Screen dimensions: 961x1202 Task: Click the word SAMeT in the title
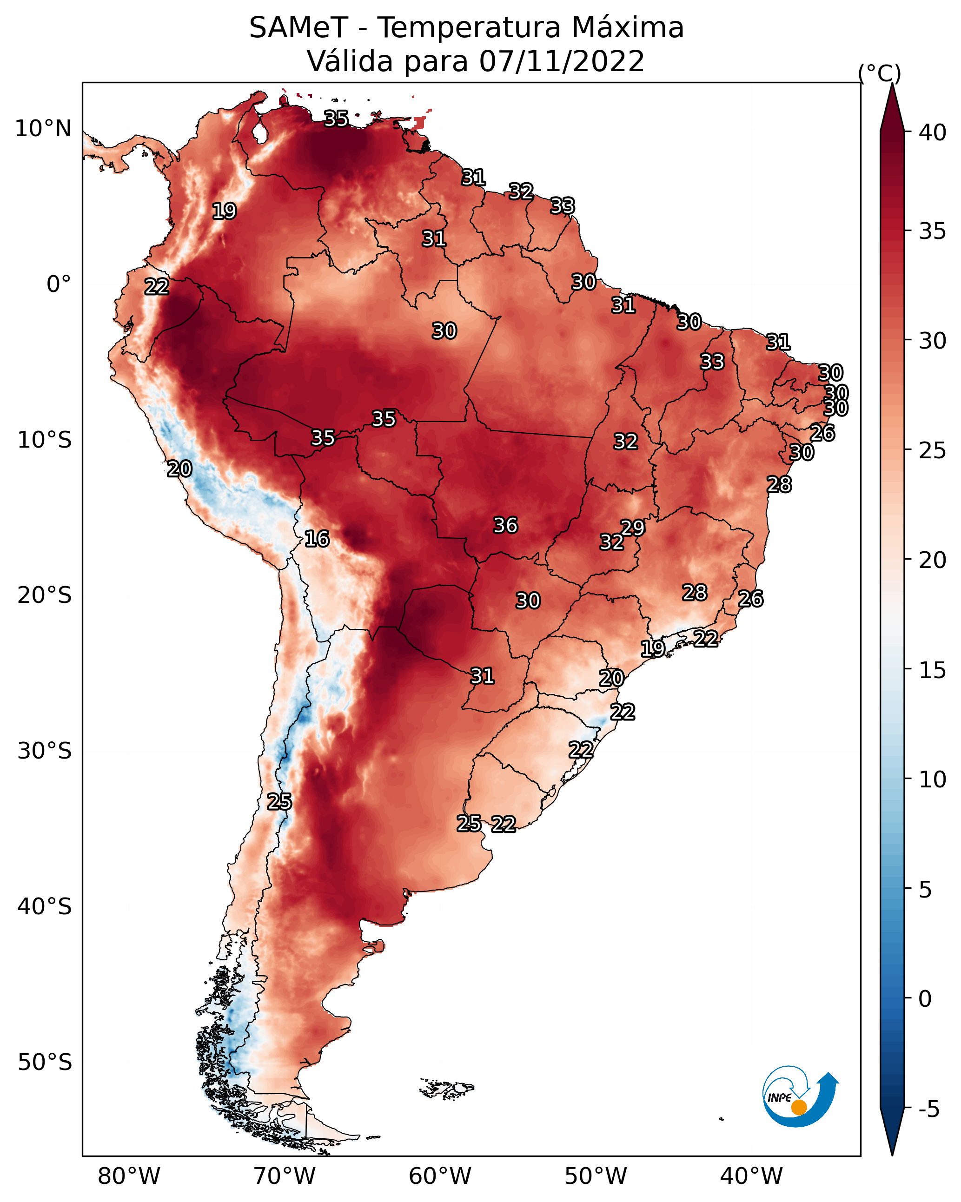click(298, 28)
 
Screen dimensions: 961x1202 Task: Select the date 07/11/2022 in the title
click(562, 61)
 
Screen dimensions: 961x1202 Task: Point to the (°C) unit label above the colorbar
click(880, 73)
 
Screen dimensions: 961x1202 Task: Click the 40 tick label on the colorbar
click(933, 132)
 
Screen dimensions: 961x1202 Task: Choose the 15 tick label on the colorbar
click(933, 670)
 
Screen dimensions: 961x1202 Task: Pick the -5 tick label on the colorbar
click(929, 1110)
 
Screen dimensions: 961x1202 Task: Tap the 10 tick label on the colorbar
click(933, 779)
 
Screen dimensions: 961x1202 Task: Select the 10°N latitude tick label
click(43, 129)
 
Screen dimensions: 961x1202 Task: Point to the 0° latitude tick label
click(59, 284)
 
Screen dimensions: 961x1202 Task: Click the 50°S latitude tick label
click(45, 1063)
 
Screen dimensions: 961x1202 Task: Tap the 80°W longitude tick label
click(129, 1176)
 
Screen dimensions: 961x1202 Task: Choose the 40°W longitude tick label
click(751, 1176)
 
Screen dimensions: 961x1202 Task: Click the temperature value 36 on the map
click(505, 525)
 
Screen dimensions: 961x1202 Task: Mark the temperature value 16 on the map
click(317, 539)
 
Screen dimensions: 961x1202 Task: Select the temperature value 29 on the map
click(632, 528)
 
